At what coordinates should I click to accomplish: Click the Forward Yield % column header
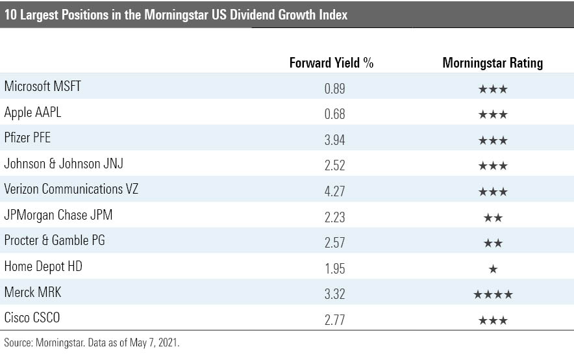(331, 63)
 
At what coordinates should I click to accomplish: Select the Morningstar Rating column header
(492, 63)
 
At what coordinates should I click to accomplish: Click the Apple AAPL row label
(32, 113)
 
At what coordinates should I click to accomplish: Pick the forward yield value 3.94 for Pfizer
(334, 139)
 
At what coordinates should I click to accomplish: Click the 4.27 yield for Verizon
(334, 190)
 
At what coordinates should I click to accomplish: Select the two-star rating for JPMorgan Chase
(493, 217)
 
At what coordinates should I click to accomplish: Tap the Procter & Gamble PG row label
(55, 240)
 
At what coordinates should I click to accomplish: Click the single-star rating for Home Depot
(493, 268)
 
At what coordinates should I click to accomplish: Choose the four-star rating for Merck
(493, 294)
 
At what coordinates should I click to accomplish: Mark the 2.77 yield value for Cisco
(334, 319)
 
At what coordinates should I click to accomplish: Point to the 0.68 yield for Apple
(334, 114)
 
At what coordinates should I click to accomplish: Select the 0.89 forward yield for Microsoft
(334, 88)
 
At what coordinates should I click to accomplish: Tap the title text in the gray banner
(175, 15)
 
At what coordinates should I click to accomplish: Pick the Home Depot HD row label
(43, 266)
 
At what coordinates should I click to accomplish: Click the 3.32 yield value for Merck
(334, 293)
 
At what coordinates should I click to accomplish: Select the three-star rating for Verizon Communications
(493, 191)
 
